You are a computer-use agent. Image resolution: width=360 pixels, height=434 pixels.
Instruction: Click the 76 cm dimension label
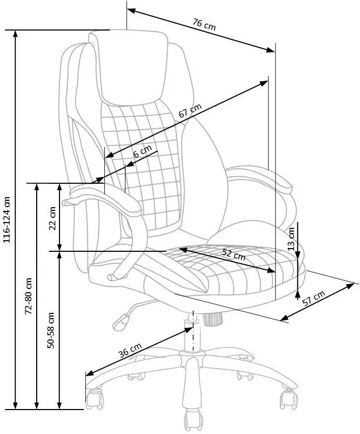[x=204, y=24]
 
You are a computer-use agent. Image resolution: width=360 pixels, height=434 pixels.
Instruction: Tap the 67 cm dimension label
[x=190, y=113]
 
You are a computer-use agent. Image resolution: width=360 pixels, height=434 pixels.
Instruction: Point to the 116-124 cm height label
[x=7, y=220]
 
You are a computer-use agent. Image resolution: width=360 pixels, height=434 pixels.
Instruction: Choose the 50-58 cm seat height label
[x=52, y=330]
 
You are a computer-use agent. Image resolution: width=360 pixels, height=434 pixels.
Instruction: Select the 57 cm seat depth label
[x=314, y=302]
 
